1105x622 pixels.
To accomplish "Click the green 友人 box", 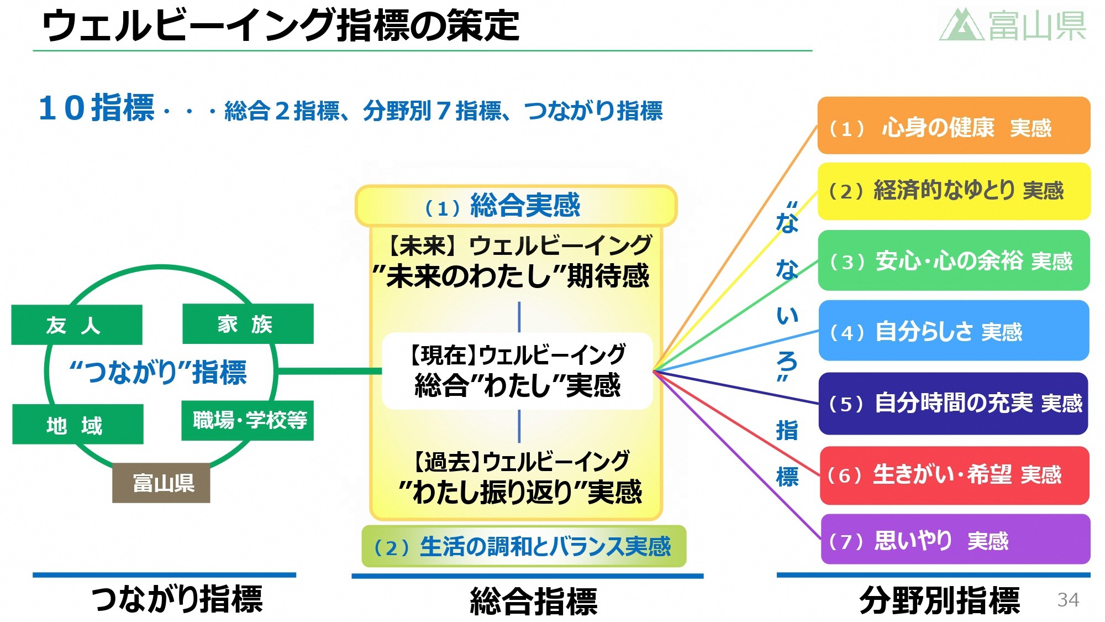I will (x=77, y=325).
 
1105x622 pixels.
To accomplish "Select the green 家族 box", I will (x=248, y=324).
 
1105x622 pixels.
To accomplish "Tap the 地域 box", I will (x=78, y=424).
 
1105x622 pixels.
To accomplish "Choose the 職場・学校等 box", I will (x=248, y=420).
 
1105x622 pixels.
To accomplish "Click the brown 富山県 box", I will (x=161, y=483).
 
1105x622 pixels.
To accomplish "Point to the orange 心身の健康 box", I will (x=954, y=126).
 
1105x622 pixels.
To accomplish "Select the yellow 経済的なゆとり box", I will (x=954, y=191).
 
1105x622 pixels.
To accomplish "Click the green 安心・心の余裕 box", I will (x=954, y=260).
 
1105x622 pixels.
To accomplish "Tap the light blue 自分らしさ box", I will (x=954, y=331).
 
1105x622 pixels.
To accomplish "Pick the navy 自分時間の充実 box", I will (x=954, y=403).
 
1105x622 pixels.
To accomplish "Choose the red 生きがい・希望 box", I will (x=954, y=475).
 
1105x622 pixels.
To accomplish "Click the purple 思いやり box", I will (x=955, y=539).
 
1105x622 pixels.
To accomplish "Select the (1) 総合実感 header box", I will (x=516, y=206).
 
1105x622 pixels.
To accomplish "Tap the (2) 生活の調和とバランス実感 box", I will (x=523, y=546).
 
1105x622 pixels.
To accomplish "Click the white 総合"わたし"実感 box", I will (x=517, y=371).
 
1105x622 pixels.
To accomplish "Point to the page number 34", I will (x=1067, y=599).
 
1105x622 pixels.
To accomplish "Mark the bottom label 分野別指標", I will (x=939, y=600).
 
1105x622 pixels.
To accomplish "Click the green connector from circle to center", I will (x=329, y=371).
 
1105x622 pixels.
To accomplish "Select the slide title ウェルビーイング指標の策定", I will (x=281, y=25).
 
